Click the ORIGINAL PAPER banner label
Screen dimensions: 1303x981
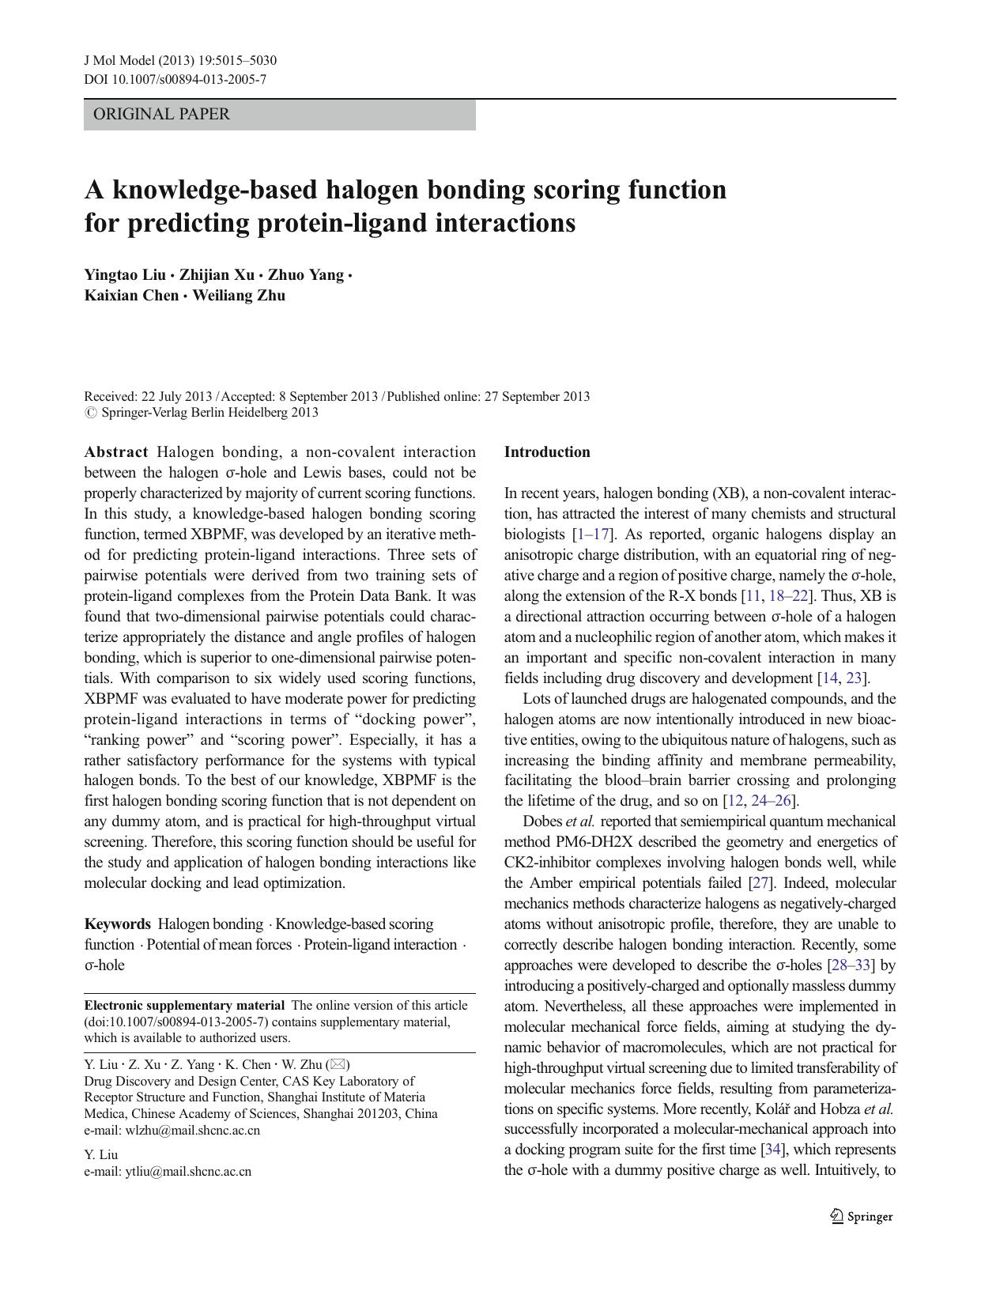coord(161,114)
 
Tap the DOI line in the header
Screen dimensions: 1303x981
coord(175,79)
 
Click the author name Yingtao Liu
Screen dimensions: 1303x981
coord(125,275)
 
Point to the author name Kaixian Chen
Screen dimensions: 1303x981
coord(131,296)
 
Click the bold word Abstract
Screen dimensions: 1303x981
coord(116,452)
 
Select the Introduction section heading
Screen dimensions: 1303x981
coord(547,452)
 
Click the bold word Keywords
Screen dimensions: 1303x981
coord(117,924)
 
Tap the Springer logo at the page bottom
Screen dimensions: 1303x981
coord(862,1217)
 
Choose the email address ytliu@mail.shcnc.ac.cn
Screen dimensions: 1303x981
coord(188,1172)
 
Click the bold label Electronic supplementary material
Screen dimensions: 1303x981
coord(184,1006)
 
